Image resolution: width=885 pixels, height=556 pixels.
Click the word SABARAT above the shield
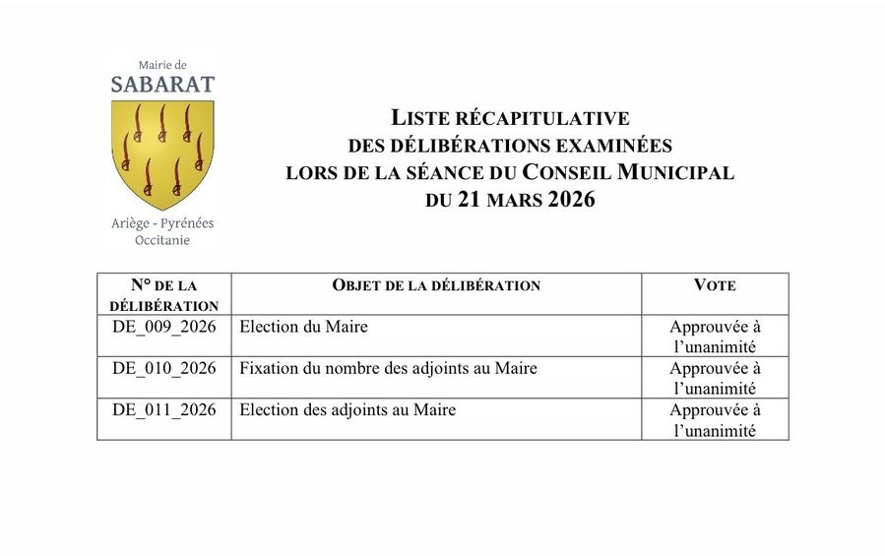click(162, 85)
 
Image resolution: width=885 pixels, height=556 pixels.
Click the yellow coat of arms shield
click(162, 153)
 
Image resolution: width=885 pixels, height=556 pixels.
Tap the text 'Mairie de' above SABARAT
click(162, 65)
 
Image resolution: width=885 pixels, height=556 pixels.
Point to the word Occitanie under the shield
click(162, 240)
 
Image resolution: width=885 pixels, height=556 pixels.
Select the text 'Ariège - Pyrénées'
click(162, 223)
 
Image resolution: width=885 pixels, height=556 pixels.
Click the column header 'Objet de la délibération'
click(436, 285)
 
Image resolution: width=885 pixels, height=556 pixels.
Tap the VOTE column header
click(715, 285)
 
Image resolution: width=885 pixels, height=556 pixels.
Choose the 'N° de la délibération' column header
click(164, 294)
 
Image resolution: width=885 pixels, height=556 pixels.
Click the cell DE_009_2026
click(164, 327)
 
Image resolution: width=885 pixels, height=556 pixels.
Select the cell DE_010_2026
click(164, 369)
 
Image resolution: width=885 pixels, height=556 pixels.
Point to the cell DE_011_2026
click(164, 410)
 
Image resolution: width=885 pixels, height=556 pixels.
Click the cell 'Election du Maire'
click(304, 327)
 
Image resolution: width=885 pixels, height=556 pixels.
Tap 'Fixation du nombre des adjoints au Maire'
click(389, 369)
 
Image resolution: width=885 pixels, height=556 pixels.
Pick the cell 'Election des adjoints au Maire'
click(348, 410)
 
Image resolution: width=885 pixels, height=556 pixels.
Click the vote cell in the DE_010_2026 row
click(715, 378)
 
